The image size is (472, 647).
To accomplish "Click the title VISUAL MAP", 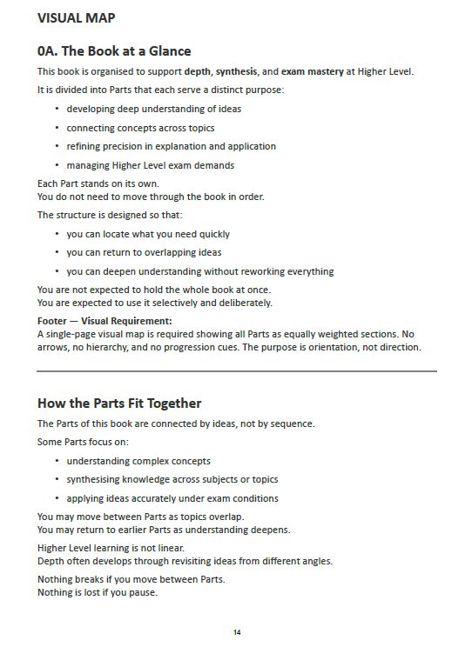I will pos(77,17).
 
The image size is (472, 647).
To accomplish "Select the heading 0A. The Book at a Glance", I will pos(114,51).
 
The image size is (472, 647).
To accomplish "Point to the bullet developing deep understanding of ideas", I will pos(154,109).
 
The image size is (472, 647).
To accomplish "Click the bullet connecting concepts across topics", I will pos(140,128).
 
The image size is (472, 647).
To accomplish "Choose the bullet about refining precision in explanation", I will pos(171,146).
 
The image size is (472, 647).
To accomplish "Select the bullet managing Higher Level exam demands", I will pos(150,165).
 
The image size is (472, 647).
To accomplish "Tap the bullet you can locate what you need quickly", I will pos(148,234).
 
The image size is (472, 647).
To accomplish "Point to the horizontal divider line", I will pos(236,371).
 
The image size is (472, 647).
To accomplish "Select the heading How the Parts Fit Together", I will pos(119,404).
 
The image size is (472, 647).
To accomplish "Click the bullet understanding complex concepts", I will pos(138,461).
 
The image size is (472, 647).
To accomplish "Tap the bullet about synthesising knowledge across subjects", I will pos(172,479).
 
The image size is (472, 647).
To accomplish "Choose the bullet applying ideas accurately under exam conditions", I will pos(172,498).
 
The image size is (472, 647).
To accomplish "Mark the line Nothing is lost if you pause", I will pos(97,592).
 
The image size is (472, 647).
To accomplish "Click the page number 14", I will pos(237,631).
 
